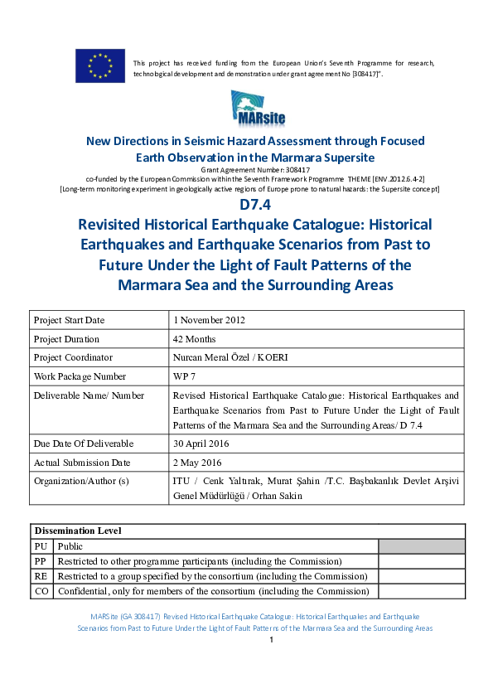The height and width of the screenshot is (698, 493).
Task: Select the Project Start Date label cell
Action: (70, 320)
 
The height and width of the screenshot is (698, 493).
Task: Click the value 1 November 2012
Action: (209, 320)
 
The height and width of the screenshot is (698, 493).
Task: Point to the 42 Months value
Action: (195, 339)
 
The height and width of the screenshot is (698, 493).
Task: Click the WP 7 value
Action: (186, 376)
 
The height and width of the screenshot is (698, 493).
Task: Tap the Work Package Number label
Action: (80, 376)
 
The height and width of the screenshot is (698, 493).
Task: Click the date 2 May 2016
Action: (196, 463)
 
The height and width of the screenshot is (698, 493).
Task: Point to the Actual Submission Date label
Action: (80, 463)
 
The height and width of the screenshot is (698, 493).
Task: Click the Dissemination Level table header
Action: (77, 531)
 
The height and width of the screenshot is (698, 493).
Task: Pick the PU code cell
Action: (41, 546)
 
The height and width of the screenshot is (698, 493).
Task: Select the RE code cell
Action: (41, 576)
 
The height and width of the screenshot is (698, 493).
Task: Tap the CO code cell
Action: (41, 591)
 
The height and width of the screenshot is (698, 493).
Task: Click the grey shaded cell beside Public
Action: (422, 546)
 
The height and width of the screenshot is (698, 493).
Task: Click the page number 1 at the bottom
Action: (272, 640)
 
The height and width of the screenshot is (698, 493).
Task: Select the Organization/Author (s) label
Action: (82, 481)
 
